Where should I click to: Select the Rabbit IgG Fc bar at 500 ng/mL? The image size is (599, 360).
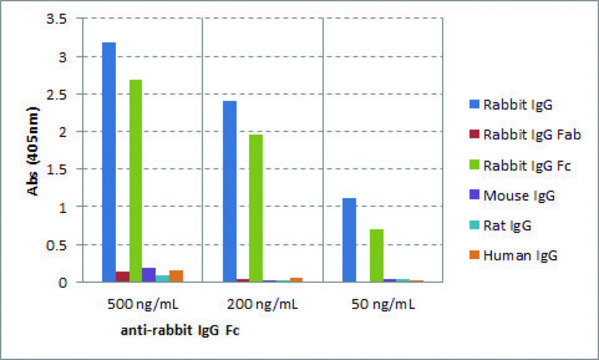coord(135,181)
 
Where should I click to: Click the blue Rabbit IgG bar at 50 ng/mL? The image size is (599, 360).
coord(349,240)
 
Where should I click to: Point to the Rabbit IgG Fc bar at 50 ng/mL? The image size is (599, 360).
coord(376,255)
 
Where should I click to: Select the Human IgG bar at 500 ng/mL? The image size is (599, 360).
coord(176,276)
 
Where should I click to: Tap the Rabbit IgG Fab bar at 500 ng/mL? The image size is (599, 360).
coord(122,277)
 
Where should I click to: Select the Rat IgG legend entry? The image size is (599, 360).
coord(507,225)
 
